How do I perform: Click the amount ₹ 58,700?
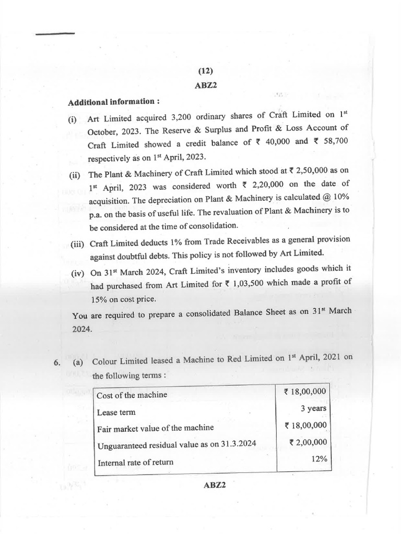pyautogui.click(x=327, y=141)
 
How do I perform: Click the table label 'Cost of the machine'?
pyautogui.click(x=132, y=395)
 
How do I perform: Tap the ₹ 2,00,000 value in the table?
pyautogui.click(x=308, y=442)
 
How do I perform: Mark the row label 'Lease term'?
pyautogui.click(x=116, y=412)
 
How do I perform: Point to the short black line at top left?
pyautogui.click(x=55, y=33)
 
